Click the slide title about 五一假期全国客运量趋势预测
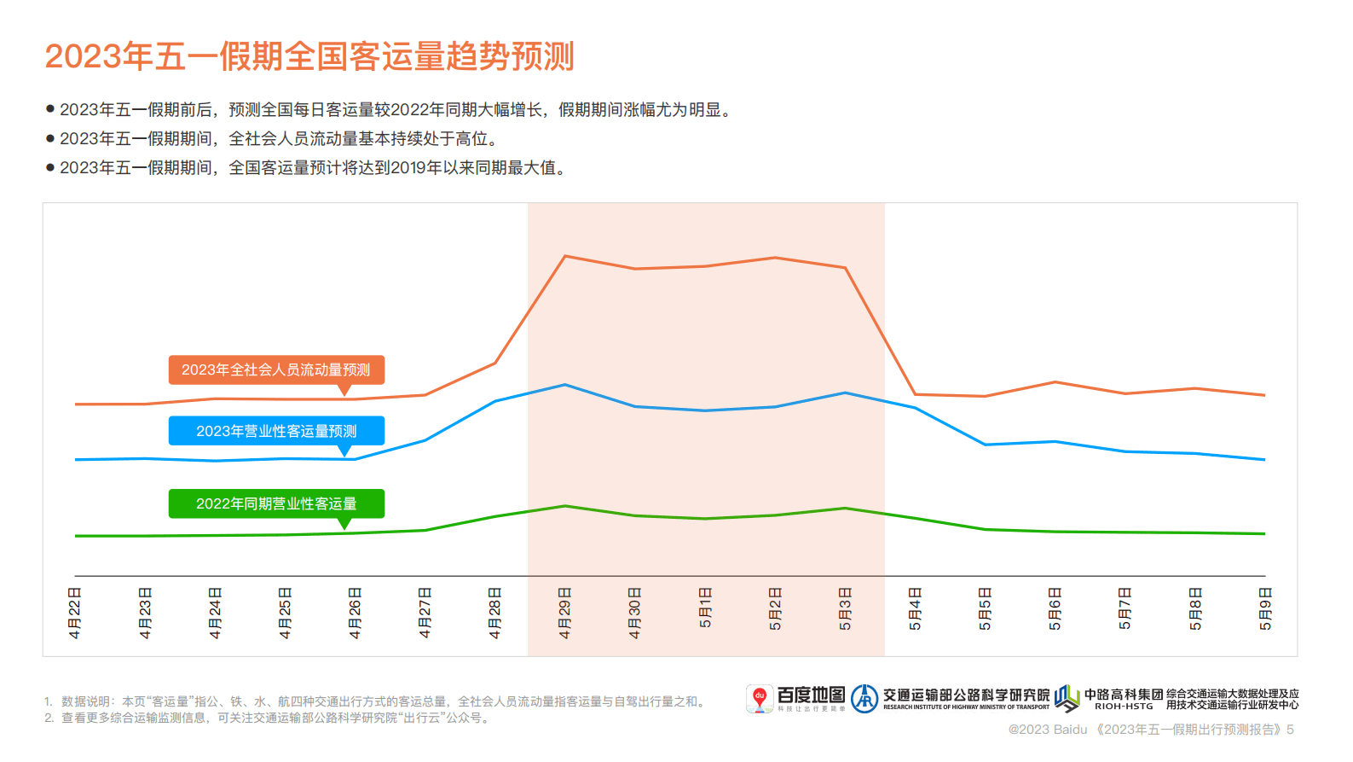309,56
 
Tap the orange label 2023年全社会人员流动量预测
276,369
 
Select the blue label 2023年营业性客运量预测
276,431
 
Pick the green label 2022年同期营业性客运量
276,503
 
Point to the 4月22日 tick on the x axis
75,613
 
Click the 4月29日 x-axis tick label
564,613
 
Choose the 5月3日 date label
845,609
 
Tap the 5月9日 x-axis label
1265,609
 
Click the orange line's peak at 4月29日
565,256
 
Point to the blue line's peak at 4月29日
565,385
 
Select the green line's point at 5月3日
845,509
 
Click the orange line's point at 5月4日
915,394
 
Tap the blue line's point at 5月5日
985,445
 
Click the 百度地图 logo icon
759,698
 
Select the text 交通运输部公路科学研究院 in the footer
966,695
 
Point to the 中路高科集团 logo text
1123,695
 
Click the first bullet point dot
50,109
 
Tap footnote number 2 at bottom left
49,718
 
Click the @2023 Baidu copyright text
1048,730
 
